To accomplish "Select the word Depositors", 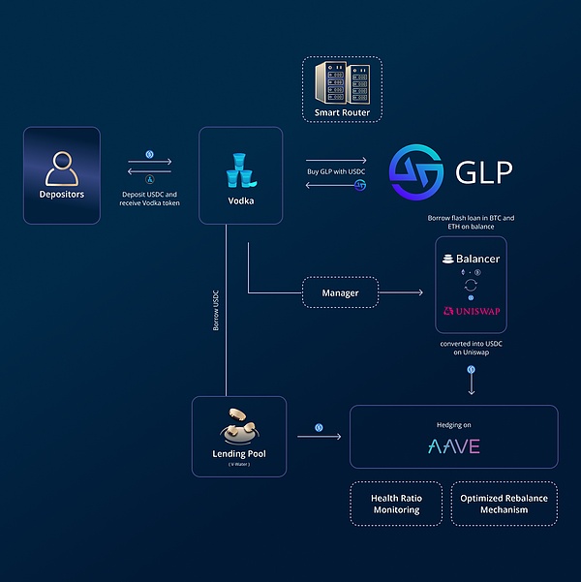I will point(61,195).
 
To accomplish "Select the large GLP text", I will point(483,172).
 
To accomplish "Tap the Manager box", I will point(340,291).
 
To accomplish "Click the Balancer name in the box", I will point(475,260).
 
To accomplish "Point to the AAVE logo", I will point(454,446).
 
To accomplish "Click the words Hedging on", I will point(454,423).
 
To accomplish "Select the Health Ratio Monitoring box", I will point(395,504).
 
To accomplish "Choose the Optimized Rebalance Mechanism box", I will point(504,504).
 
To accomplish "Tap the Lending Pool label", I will point(238,452).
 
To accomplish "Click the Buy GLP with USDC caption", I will point(336,171).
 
